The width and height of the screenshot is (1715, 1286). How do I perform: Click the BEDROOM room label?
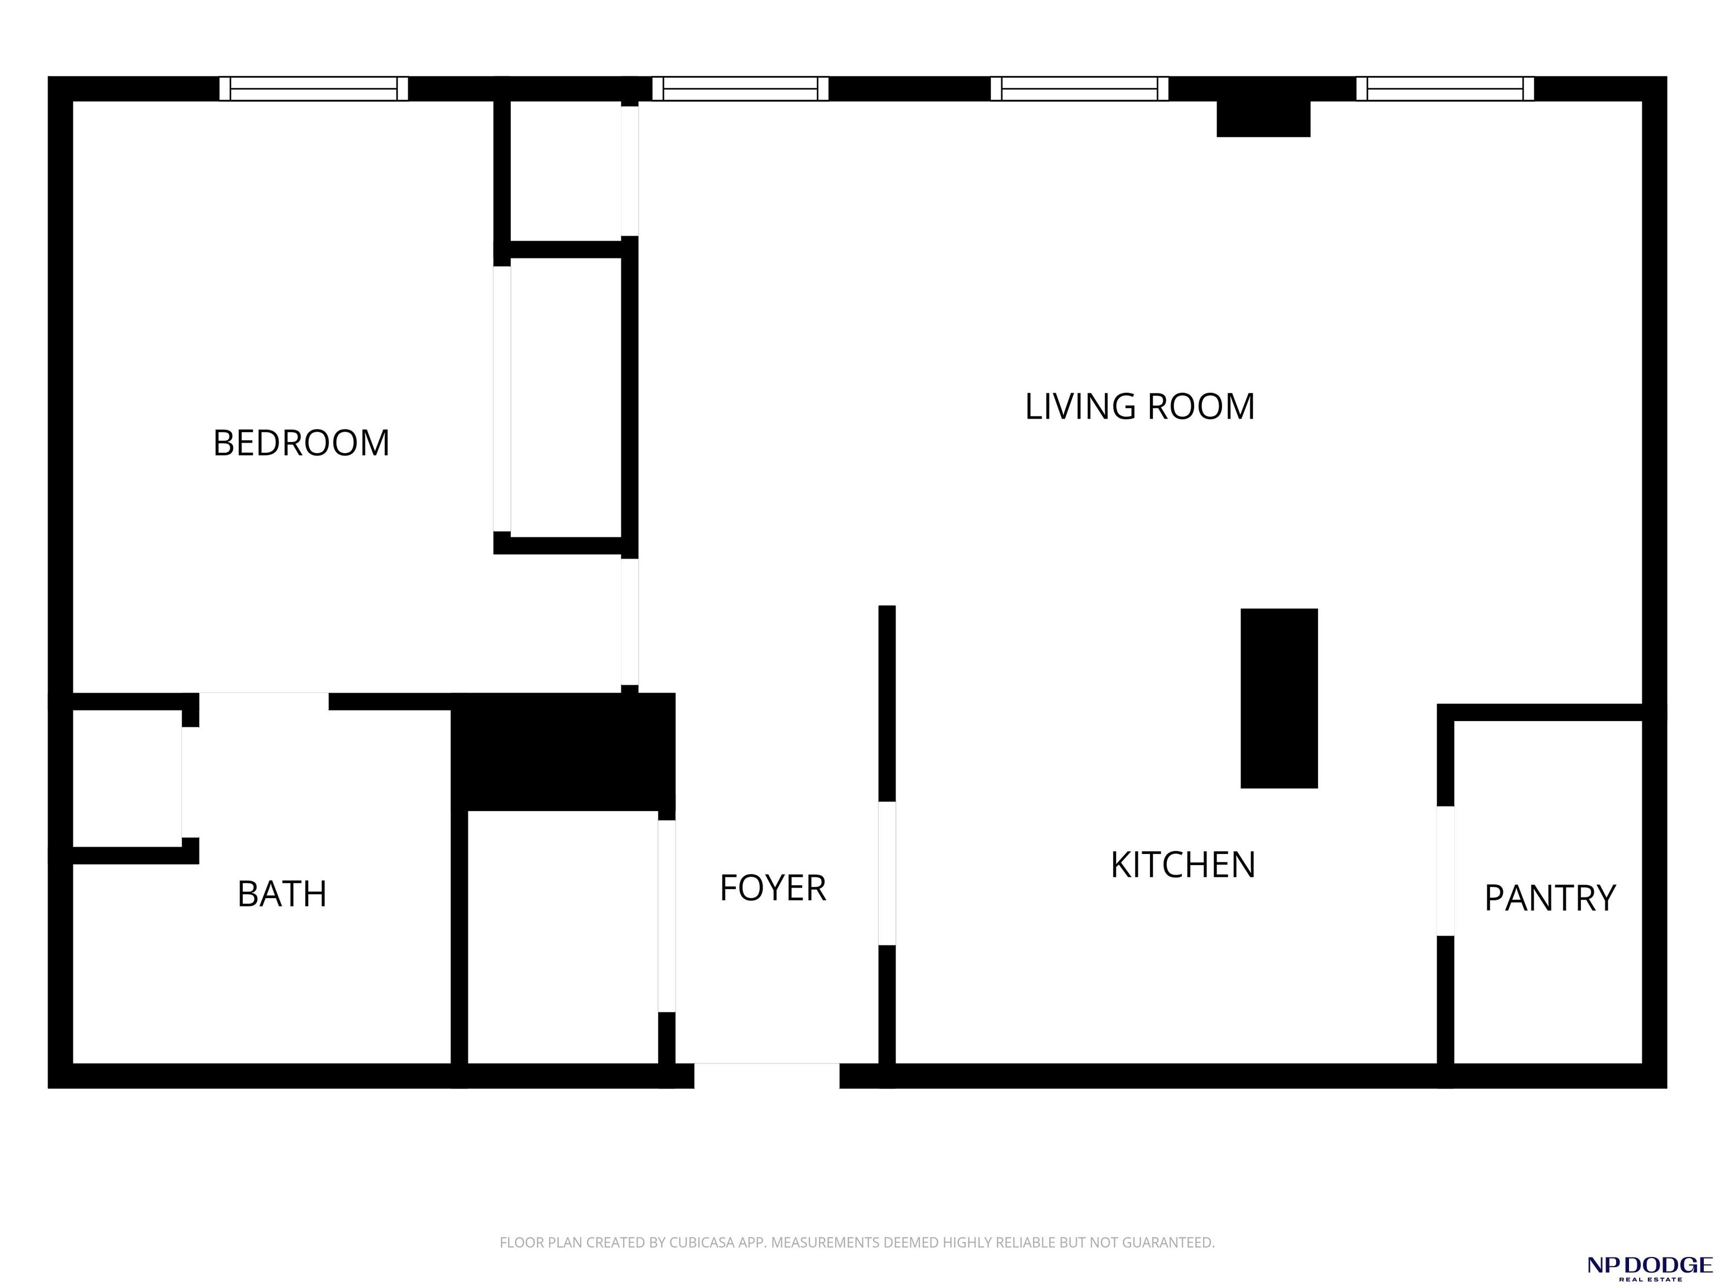[x=301, y=443]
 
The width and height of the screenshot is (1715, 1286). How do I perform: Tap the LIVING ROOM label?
[x=1140, y=407]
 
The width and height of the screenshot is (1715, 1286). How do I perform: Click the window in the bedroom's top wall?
[x=314, y=88]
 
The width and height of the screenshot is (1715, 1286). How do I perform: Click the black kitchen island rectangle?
[x=1280, y=698]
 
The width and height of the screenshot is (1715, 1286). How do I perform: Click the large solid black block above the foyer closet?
[x=563, y=752]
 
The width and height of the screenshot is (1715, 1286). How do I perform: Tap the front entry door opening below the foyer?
[x=767, y=1075]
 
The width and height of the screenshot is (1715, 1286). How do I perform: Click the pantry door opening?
[x=1445, y=871]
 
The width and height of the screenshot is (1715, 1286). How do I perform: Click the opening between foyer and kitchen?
[x=887, y=873]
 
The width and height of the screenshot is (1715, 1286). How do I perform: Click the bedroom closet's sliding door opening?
[x=502, y=399]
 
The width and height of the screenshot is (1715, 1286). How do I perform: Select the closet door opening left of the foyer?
[x=667, y=915]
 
